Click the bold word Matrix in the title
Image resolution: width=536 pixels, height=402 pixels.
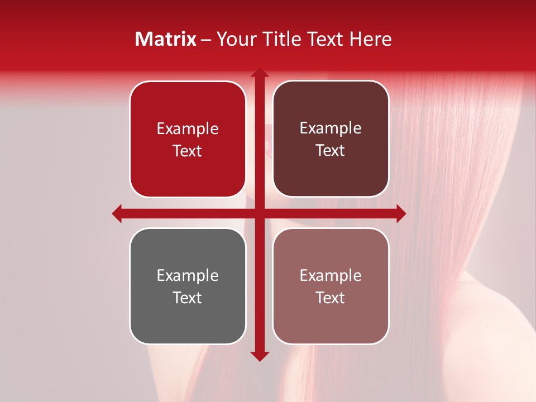pyautogui.click(x=166, y=39)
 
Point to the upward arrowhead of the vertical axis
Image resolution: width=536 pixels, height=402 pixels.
pyautogui.click(x=259, y=73)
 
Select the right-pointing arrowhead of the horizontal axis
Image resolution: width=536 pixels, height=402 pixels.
pyautogui.click(x=400, y=213)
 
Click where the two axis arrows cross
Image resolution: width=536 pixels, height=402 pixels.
pyautogui.click(x=259, y=213)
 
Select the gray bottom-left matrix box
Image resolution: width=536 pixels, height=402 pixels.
pyautogui.click(x=188, y=318)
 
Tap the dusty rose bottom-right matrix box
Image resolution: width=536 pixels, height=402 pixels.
pyautogui.click(x=331, y=318)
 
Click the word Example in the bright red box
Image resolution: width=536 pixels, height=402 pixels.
pyautogui.click(x=188, y=129)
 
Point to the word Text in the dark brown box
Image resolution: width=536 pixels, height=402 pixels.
pyautogui.click(x=331, y=151)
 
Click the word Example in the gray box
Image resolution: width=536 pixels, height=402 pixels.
pyautogui.click(x=188, y=276)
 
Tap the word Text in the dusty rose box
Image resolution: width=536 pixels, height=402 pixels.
pyautogui.click(x=331, y=298)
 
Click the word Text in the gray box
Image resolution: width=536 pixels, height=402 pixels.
pyautogui.click(x=188, y=298)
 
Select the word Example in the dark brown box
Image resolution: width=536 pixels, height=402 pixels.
pyautogui.click(x=331, y=128)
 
